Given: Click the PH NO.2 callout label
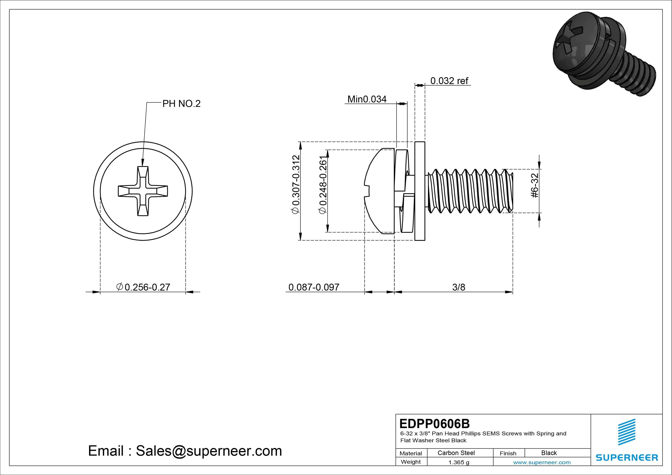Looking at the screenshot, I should (x=181, y=104).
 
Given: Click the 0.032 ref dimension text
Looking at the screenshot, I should (x=449, y=81).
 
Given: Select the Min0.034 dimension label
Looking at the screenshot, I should (x=367, y=99).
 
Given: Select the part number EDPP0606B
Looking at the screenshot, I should (x=434, y=423).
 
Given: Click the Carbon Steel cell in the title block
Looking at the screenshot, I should (x=456, y=453).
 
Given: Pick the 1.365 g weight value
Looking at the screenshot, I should (x=459, y=462).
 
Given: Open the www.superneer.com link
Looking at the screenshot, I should (x=542, y=462).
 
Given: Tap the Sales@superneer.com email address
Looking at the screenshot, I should (x=208, y=451).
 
